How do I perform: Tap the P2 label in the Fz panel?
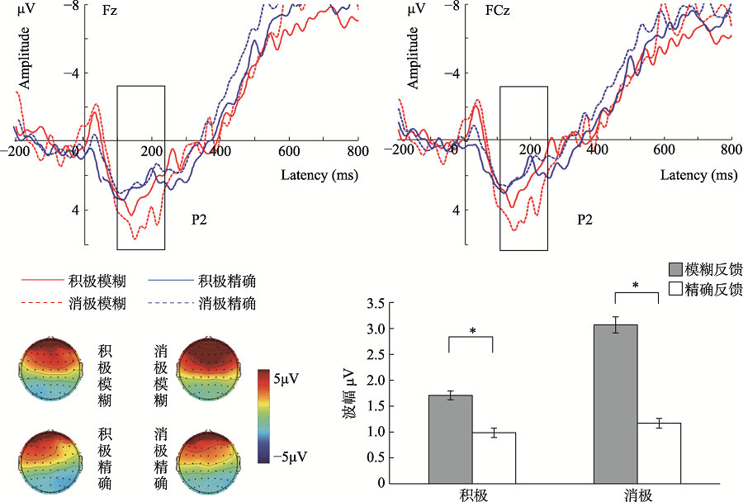201,220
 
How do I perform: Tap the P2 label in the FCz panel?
584,220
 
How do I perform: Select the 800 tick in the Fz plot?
357,152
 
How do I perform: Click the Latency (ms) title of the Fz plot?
319,175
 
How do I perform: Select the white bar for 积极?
493,457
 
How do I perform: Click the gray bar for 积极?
450,438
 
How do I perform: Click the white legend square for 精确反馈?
674,290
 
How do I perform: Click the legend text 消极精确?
227,304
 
